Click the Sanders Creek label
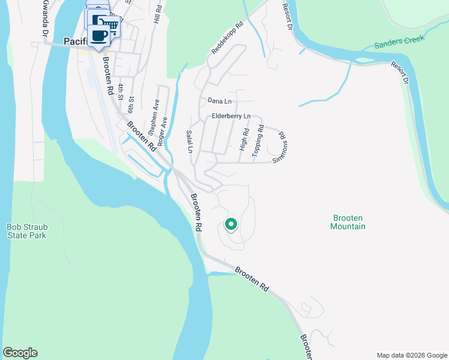click(x=399, y=41)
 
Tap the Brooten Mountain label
click(x=348, y=222)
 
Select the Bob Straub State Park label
click(x=26, y=231)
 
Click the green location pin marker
click(x=231, y=224)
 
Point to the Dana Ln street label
click(x=219, y=101)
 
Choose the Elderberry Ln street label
click(x=231, y=116)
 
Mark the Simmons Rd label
click(x=281, y=148)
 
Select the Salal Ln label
click(x=189, y=142)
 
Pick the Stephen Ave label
click(x=154, y=118)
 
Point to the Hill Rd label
click(x=157, y=14)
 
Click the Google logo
click(x=20, y=353)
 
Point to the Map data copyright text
click(x=411, y=355)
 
